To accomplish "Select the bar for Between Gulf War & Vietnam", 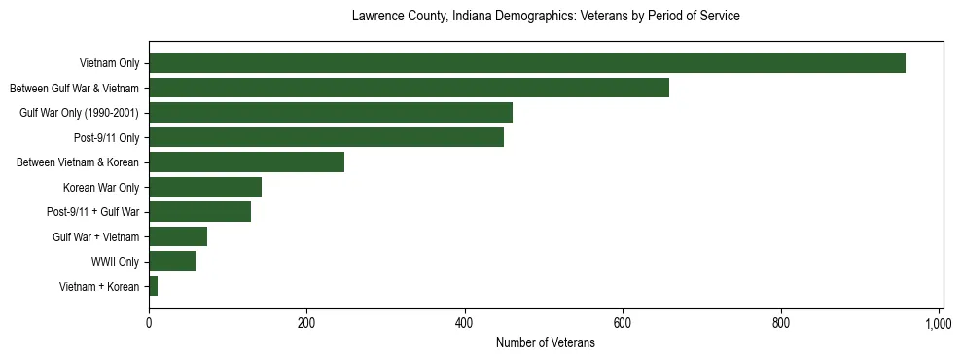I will pos(409,88).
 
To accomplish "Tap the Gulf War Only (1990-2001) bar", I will pos(331,113).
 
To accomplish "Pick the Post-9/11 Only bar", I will pos(326,137).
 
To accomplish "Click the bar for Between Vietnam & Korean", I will pos(246,162).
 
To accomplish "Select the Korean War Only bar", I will pos(205,187).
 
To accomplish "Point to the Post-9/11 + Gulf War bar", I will pos(199,212).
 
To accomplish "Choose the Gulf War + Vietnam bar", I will pos(178,236).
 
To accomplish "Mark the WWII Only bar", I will pos(172,262).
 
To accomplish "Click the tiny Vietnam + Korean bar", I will pos(153,286).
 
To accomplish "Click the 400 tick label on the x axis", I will pos(464,322).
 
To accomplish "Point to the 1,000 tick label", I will pos(938,322).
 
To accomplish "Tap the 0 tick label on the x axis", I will pos(149,322).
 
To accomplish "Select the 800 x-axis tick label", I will pos(780,322).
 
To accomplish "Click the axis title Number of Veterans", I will pos(545,342).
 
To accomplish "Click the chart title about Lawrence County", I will pos(546,17).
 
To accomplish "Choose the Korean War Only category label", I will pos(101,187).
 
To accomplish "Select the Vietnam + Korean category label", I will pos(99,286).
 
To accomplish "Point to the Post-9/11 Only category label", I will pos(106,137).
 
